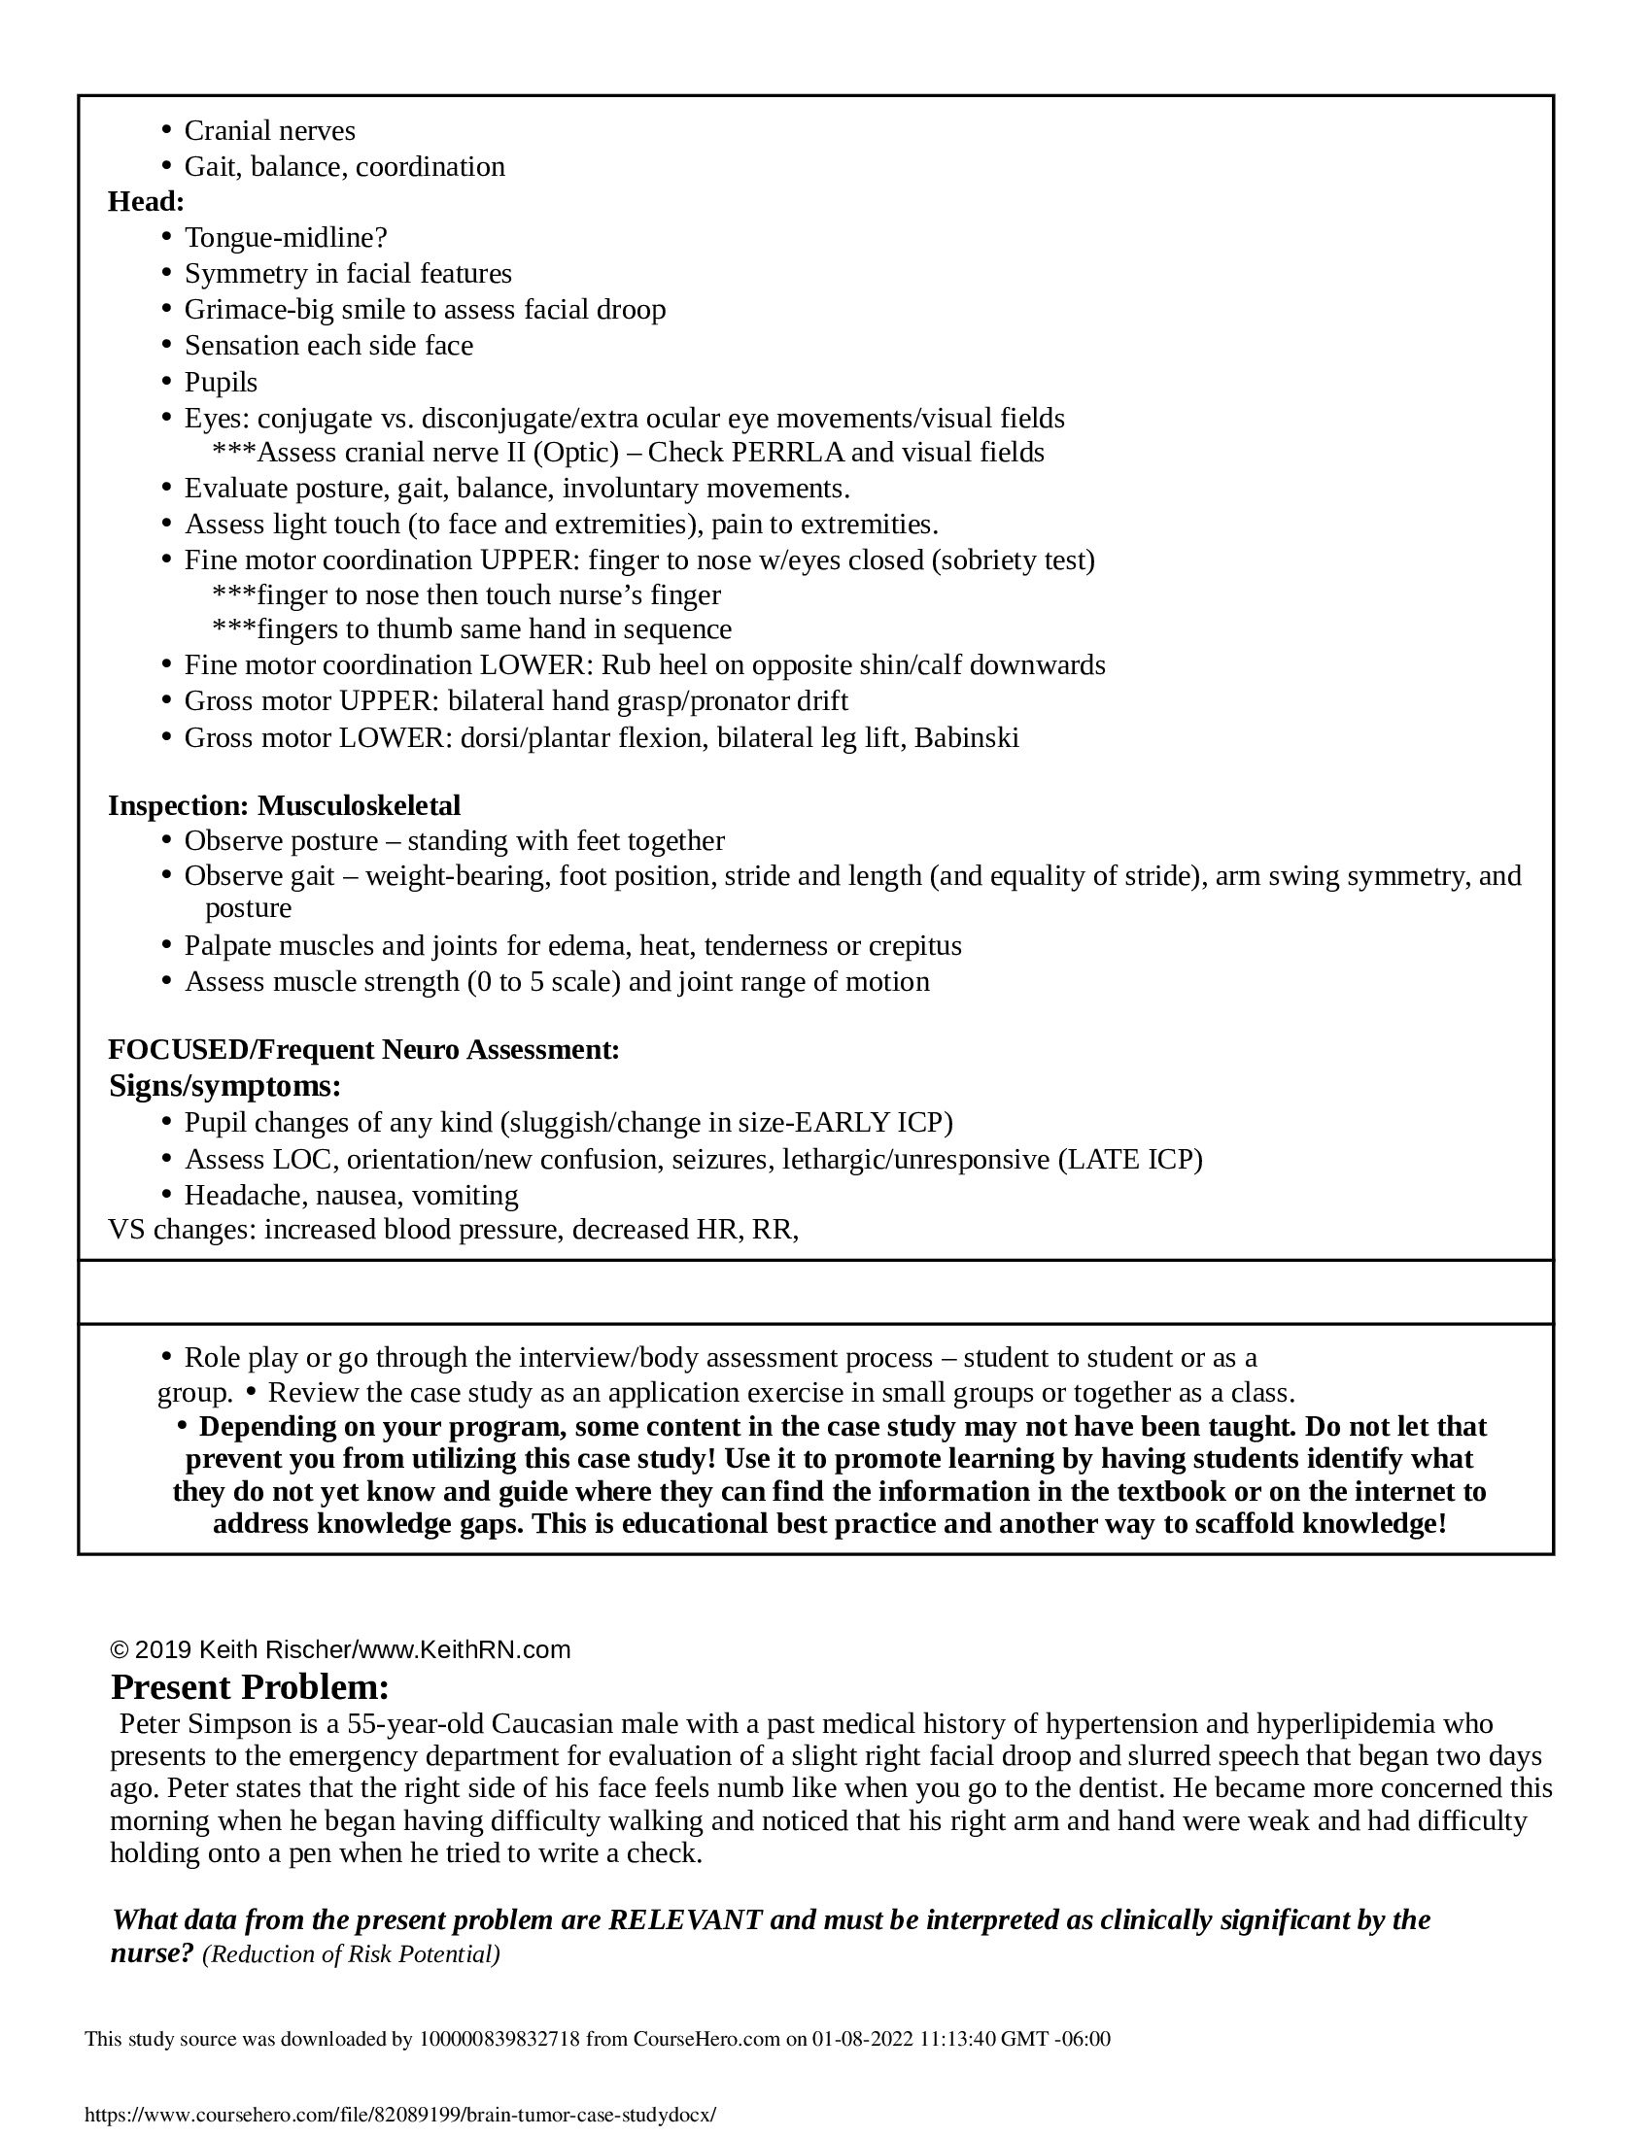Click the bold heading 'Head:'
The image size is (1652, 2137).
(x=146, y=202)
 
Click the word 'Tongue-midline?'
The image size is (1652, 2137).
(x=286, y=238)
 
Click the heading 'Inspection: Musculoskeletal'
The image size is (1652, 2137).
(x=284, y=805)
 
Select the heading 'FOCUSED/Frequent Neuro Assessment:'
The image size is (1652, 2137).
(x=363, y=1049)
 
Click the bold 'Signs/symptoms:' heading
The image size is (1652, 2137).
(x=225, y=1085)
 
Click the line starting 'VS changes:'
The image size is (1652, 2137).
(x=453, y=1229)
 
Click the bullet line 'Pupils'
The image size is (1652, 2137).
(x=221, y=382)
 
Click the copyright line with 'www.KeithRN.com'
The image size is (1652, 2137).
(x=339, y=1649)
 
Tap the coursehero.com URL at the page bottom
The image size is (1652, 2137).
(x=400, y=2114)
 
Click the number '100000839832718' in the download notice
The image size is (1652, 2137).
(x=499, y=2038)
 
